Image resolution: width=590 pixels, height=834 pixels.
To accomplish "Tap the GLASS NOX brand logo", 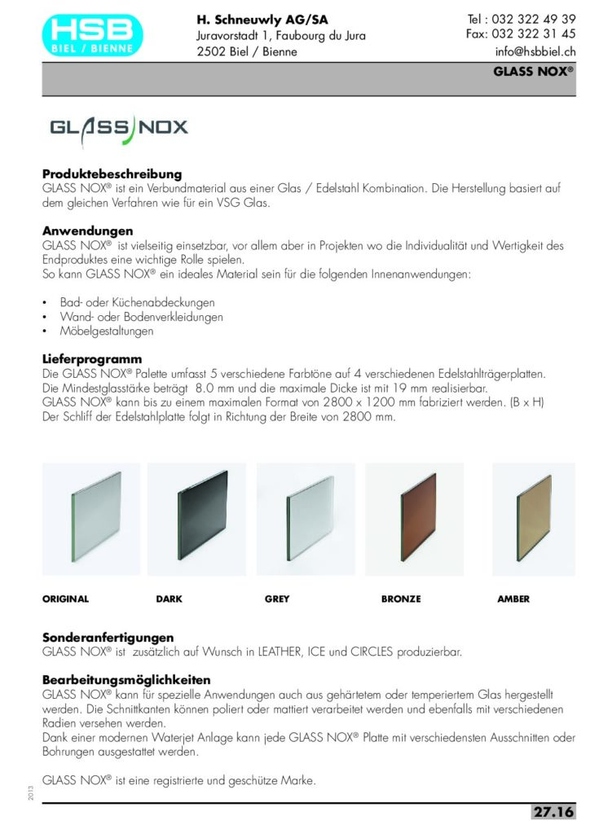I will click(119, 128).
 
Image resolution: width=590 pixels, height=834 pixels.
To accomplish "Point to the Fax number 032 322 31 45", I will click(521, 34).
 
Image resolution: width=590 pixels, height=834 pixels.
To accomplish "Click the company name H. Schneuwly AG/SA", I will click(262, 20).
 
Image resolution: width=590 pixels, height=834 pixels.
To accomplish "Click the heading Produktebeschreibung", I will click(112, 174).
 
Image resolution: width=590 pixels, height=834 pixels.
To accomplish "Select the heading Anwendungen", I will click(87, 231).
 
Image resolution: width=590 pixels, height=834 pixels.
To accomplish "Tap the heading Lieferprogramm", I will click(92, 359).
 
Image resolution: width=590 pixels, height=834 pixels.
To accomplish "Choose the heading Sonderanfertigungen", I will click(108, 637).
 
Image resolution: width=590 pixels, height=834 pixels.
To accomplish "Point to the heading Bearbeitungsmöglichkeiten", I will click(126, 679).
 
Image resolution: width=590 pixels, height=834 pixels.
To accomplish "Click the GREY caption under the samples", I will click(277, 599).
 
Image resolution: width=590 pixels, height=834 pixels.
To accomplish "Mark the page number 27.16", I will click(553, 812).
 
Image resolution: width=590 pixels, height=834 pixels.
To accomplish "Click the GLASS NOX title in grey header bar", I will click(533, 71).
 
